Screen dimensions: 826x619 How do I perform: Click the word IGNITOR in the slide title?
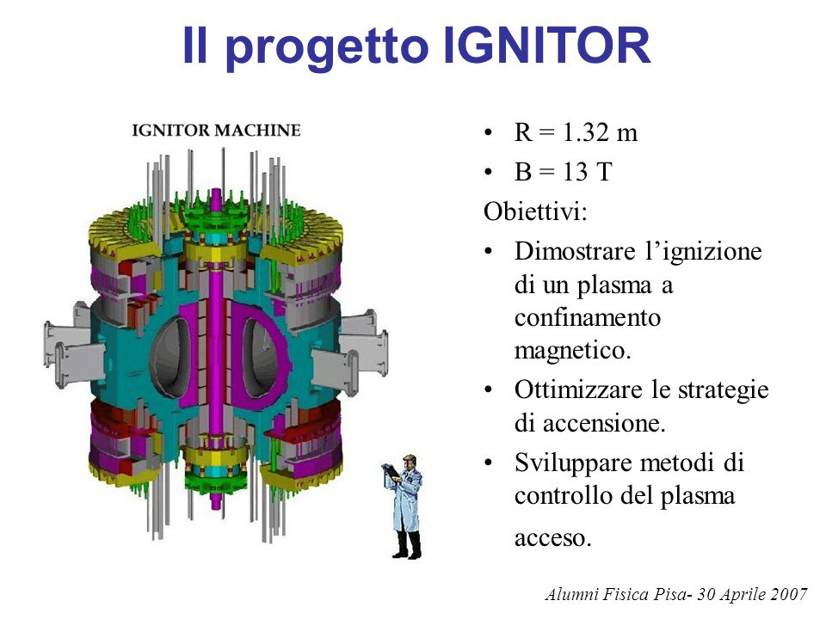[x=547, y=45]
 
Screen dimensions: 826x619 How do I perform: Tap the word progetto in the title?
[x=327, y=48]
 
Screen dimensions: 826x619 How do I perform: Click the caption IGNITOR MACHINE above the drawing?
[x=216, y=130]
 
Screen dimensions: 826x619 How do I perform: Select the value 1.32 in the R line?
[x=582, y=132]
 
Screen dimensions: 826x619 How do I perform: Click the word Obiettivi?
[x=535, y=211]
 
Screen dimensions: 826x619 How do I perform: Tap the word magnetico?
[x=573, y=351]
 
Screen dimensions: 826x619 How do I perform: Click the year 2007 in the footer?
[x=789, y=594]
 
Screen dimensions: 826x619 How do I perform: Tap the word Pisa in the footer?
[x=669, y=594]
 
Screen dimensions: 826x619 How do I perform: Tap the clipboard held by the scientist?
[x=390, y=470]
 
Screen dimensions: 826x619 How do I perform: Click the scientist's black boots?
[x=407, y=546]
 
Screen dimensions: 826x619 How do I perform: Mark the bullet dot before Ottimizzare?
[x=489, y=390]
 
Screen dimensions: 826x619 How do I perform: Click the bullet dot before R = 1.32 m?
[x=489, y=132]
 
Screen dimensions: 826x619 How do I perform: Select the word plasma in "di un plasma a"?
[x=614, y=285]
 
